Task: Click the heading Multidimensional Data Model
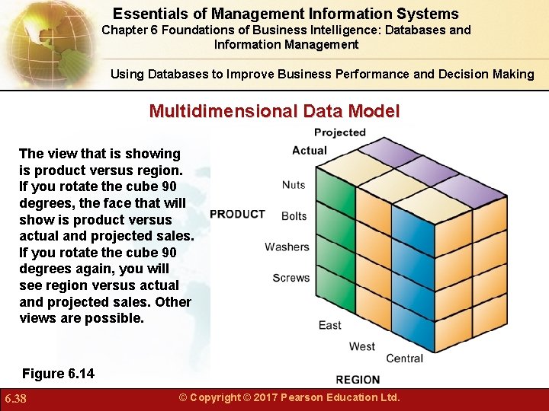click(274, 111)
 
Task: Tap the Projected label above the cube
click(340, 132)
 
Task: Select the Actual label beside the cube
click(310, 151)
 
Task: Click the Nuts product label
click(294, 185)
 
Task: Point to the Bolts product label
click(294, 216)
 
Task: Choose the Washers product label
click(287, 247)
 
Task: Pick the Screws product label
click(291, 278)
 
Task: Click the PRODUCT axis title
click(237, 215)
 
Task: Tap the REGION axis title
click(358, 379)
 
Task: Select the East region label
click(329, 325)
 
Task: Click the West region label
click(361, 346)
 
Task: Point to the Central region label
click(404, 358)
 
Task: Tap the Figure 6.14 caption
click(58, 374)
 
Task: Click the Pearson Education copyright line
click(289, 397)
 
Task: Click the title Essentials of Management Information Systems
click(286, 14)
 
